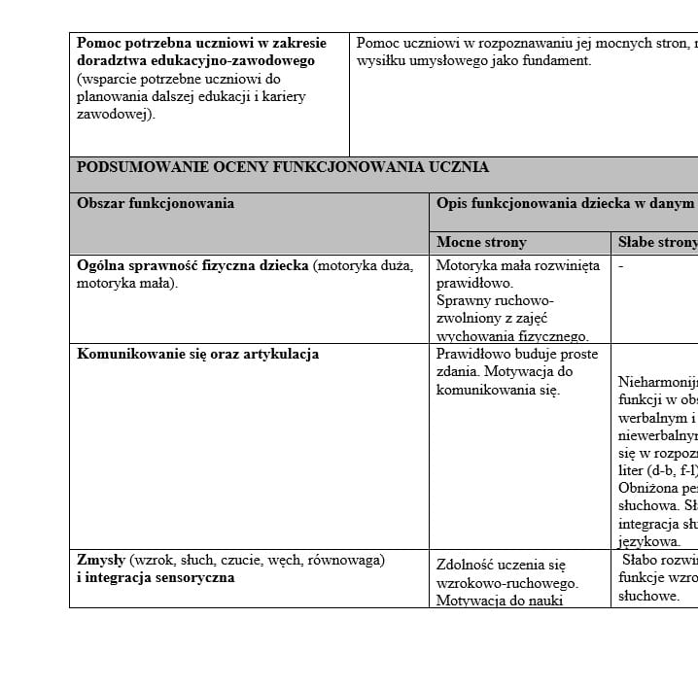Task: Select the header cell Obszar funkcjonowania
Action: (156, 203)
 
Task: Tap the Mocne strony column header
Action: (481, 242)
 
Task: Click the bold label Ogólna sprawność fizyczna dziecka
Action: (192, 265)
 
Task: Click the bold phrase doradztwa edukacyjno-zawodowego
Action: (195, 60)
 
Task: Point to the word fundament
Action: (557, 60)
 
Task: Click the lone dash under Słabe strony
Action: (621, 265)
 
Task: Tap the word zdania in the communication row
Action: (459, 372)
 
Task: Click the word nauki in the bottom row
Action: (544, 600)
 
